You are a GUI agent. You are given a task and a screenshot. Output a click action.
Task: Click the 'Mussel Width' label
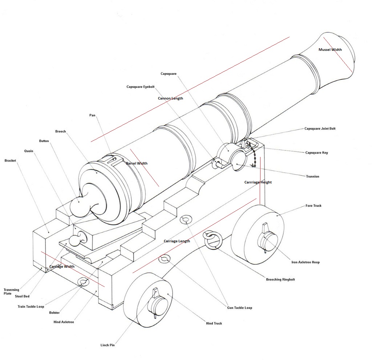[x=330, y=50]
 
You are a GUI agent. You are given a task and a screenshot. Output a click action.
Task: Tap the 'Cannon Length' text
[x=170, y=98]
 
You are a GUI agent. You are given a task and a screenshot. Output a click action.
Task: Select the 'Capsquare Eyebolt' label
[x=141, y=87]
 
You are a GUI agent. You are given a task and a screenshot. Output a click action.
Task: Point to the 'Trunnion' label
[x=312, y=176]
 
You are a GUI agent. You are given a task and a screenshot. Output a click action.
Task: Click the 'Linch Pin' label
[x=108, y=345]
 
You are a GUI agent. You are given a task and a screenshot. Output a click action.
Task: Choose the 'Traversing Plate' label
[x=11, y=291]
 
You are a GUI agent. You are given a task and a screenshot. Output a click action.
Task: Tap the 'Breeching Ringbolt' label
[x=280, y=280]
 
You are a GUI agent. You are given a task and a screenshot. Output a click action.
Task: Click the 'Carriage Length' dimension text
[x=177, y=241]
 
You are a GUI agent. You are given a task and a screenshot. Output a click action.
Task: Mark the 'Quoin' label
[x=29, y=151]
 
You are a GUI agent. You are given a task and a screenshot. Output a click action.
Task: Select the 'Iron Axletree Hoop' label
[x=306, y=262]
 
